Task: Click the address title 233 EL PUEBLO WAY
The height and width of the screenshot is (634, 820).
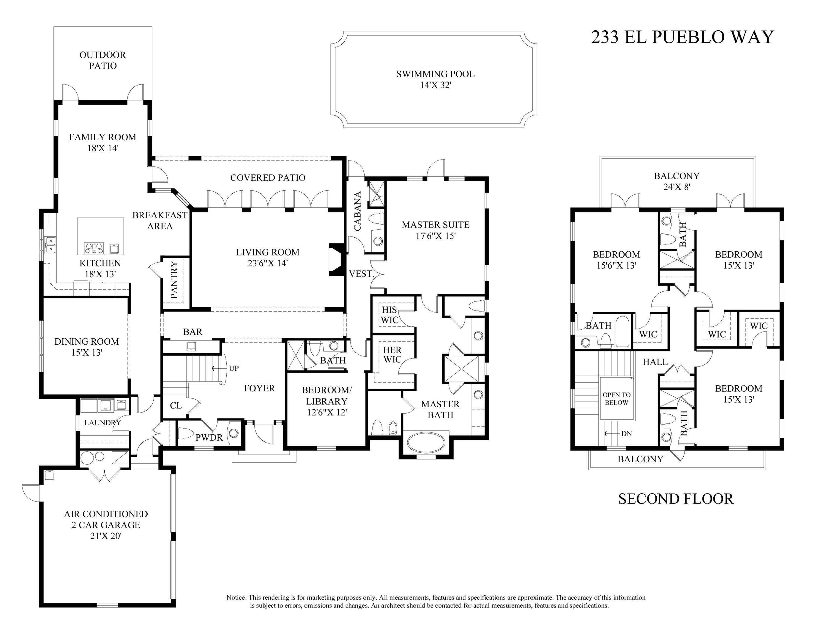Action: click(x=682, y=37)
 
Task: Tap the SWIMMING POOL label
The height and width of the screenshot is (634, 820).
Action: click(x=435, y=74)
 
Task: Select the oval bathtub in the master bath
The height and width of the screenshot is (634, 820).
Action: click(x=426, y=443)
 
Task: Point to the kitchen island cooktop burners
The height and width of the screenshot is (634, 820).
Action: click(x=94, y=248)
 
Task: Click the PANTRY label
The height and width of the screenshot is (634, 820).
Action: click(x=174, y=280)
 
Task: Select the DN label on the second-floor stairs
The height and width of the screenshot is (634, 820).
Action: click(x=626, y=434)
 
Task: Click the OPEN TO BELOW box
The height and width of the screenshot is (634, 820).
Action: click(x=616, y=399)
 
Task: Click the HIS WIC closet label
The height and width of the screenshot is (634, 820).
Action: click(x=389, y=315)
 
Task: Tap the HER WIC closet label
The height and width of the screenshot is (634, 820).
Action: click(x=392, y=354)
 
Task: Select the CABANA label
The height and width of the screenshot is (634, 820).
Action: click(x=358, y=211)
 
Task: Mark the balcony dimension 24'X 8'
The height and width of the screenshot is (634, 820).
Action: click(x=676, y=187)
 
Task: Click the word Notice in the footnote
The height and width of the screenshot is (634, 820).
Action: click(x=236, y=597)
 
